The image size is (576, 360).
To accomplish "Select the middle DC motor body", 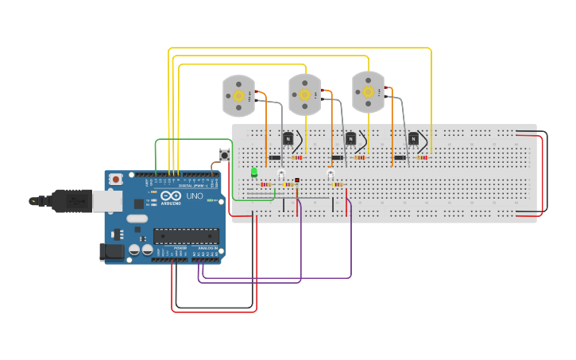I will coord(304,94).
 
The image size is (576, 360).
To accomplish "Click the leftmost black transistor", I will coord(288,139).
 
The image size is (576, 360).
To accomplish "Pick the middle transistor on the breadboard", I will coord(350,139).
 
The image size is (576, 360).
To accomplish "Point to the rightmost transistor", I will coord(413,139).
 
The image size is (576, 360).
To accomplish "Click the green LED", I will coord(254,172).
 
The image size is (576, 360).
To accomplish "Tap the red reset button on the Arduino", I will coord(116,180).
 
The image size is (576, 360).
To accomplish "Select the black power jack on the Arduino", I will coord(112,252).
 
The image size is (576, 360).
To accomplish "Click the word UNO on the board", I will coord(195,196).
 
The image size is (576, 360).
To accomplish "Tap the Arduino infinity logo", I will coord(171,196).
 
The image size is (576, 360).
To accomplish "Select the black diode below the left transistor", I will coord(275,157).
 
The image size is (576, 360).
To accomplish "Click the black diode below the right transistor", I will coord(400,157).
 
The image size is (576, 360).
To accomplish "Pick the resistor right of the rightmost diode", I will coord(422,157).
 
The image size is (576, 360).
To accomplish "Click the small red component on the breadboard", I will coord(297,180).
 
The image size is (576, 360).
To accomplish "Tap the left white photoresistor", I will coord(281,173).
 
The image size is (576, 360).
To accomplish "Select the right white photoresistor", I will coord(331,173).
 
